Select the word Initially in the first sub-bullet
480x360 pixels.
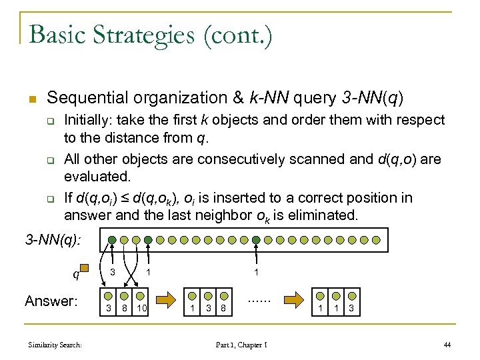pos(87,120)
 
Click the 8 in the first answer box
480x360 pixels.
pos(125,308)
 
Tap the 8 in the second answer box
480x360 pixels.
pos(225,308)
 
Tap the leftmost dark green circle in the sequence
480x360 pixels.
pos(113,239)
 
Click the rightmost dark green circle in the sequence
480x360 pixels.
pos(255,239)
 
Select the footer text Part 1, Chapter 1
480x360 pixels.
pos(242,345)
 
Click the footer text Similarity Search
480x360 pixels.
pos(55,345)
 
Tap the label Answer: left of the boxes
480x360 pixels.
pos(51,301)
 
